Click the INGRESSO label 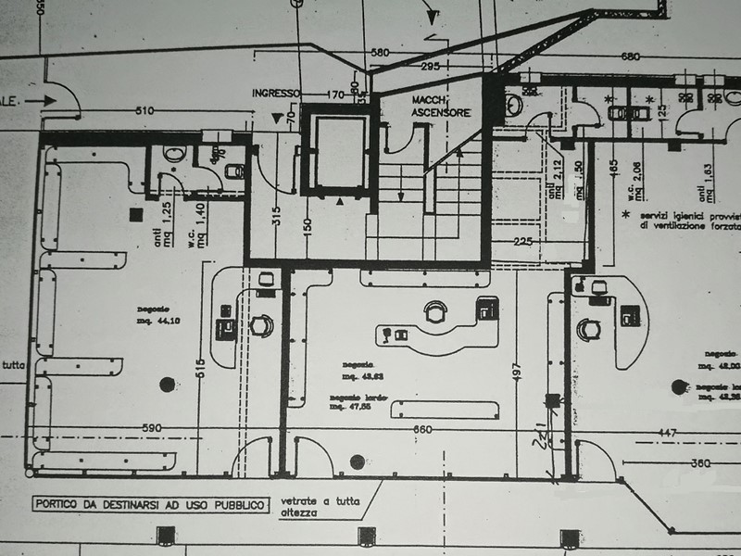(276, 94)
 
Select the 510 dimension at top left (144, 112)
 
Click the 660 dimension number (421, 429)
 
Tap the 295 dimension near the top (429, 67)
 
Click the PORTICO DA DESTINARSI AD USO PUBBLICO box (149, 505)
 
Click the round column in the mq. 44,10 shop (168, 384)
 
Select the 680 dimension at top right (630, 57)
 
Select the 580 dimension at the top (378, 52)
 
